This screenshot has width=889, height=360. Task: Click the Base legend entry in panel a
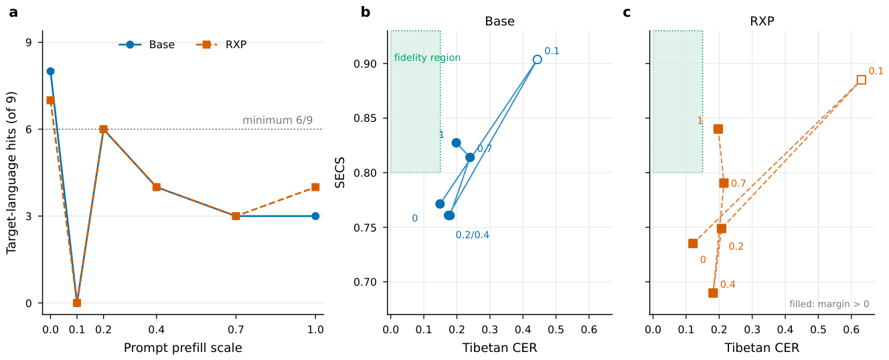point(147,44)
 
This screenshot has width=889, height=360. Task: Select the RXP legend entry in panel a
point(221,44)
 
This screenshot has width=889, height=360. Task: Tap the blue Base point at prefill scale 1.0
point(315,216)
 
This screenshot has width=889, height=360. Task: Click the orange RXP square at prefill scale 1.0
point(315,187)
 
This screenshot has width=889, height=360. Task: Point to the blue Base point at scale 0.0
point(50,72)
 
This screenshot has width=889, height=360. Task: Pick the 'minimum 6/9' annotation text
point(277,120)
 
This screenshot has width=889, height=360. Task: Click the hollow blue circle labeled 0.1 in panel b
point(537,60)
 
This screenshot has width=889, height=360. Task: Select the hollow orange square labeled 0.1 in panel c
point(861,80)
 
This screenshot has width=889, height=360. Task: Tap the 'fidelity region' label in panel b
point(427,58)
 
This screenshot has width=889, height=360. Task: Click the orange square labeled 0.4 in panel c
point(713,293)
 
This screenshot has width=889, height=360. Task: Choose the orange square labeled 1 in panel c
point(718,129)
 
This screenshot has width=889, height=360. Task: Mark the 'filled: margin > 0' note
point(829,304)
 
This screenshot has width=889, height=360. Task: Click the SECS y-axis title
point(339,173)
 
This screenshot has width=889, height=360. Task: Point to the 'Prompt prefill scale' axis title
point(183,348)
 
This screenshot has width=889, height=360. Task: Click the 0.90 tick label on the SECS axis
point(365,64)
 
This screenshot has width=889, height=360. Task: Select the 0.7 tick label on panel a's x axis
point(236,330)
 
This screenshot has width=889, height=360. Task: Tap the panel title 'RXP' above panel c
point(762,21)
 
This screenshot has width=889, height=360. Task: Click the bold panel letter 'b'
point(365,12)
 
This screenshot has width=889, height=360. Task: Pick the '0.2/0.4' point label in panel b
point(473,235)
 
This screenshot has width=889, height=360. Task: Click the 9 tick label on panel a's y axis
point(29,42)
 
